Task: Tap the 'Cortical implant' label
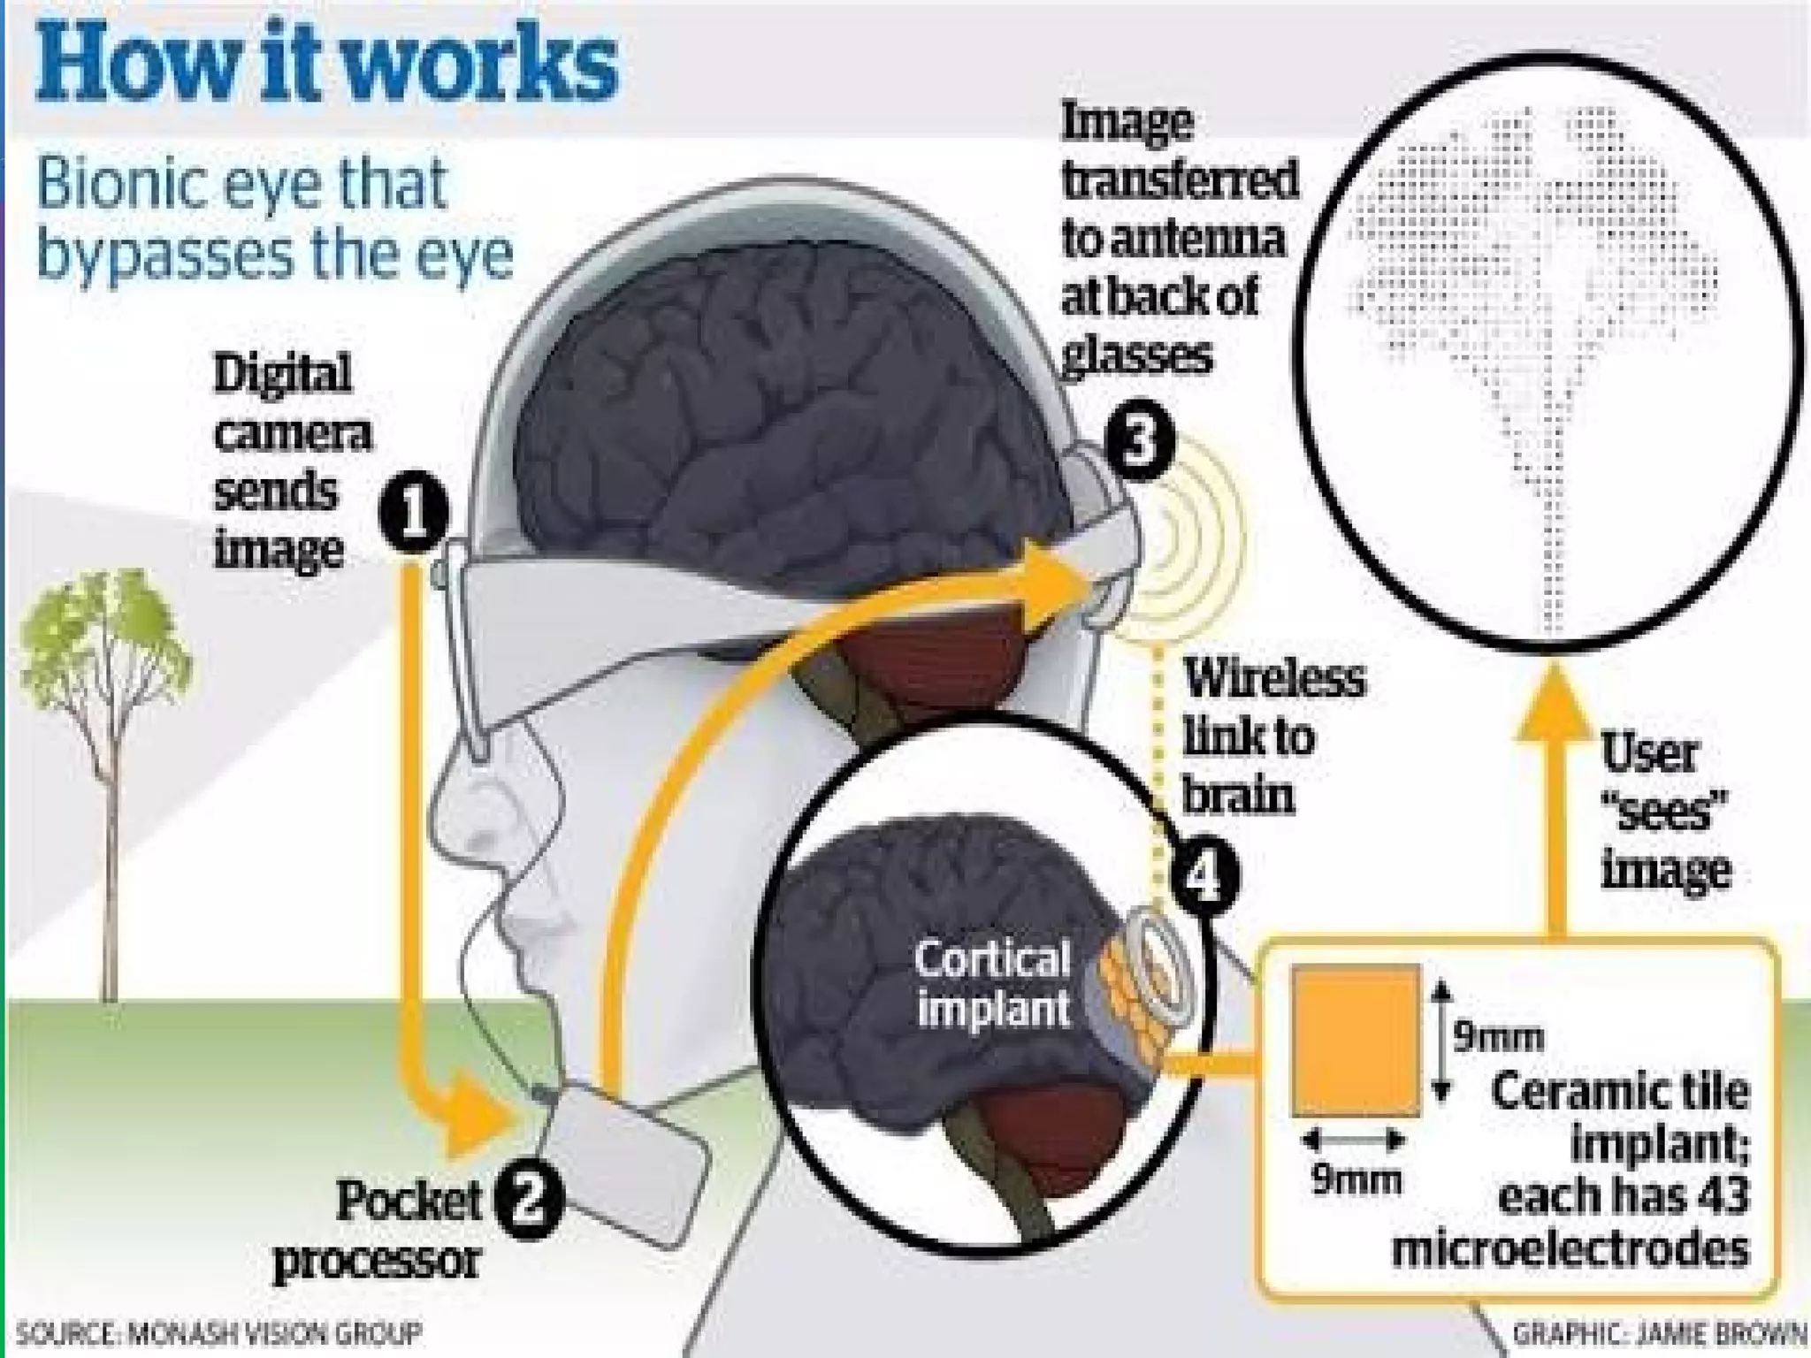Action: click(992, 983)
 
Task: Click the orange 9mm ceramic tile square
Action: click(1355, 1041)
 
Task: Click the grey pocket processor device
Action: click(624, 1165)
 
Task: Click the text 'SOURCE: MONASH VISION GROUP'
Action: click(219, 1332)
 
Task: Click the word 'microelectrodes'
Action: click(1570, 1249)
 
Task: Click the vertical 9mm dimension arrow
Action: click(1441, 1041)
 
